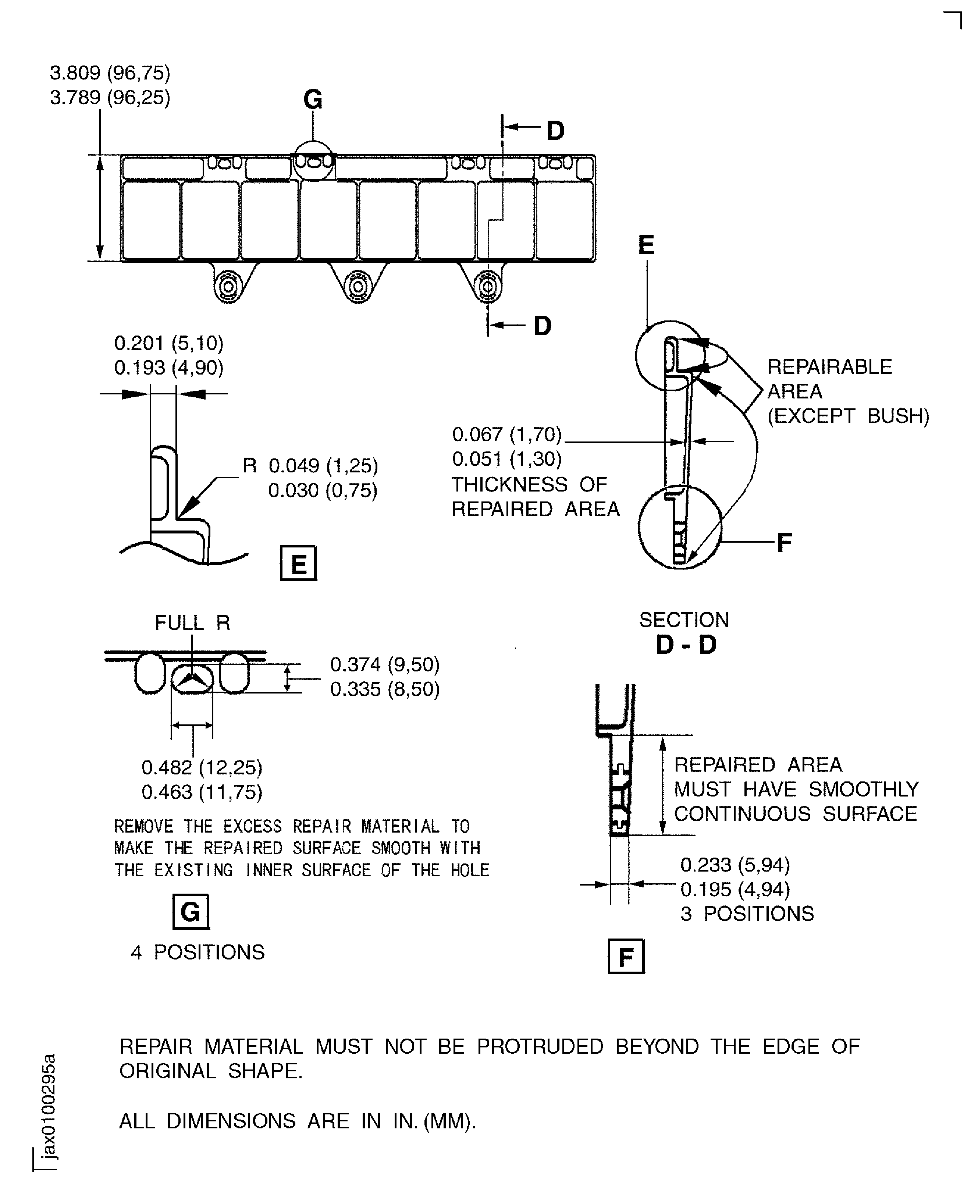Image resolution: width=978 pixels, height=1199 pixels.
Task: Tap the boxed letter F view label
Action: coord(626,957)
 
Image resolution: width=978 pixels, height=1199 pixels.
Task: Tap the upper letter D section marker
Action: coord(555,131)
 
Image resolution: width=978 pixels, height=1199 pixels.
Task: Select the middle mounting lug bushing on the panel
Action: coord(358,287)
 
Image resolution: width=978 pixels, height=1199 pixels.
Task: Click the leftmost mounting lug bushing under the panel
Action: coord(229,287)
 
